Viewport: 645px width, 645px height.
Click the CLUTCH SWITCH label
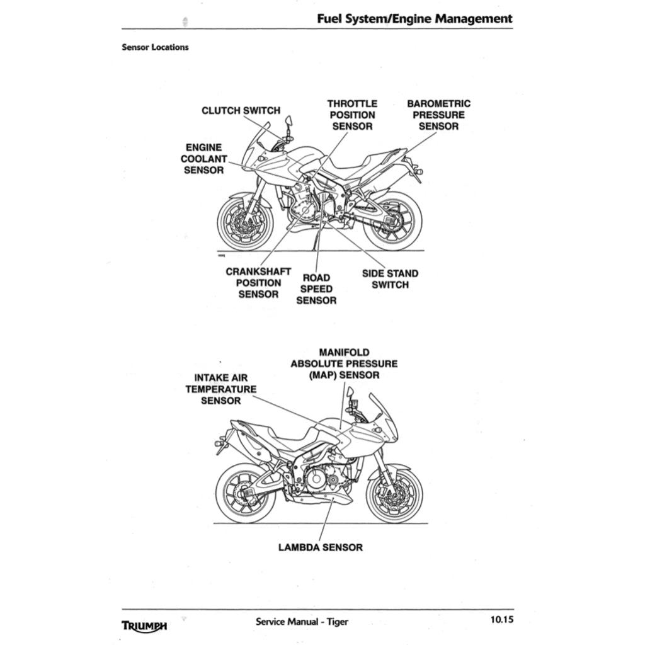point(241,111)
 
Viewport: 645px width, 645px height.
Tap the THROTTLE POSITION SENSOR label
point(352,115)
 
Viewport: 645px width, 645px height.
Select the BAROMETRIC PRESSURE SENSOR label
point(438,115)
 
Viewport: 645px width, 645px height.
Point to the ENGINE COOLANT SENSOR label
point(203,159)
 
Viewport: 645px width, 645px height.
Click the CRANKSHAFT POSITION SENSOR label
point(258,283)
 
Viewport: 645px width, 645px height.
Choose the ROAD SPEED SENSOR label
point(316,289)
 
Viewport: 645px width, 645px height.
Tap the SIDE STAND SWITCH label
point(390,279)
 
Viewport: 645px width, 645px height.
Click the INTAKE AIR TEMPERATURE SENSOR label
point(220,389)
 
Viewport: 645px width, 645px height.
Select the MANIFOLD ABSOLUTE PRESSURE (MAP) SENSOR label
point(344,363)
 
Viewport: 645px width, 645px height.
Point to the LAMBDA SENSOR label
point(321,547)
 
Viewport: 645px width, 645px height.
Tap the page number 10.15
point(502,620)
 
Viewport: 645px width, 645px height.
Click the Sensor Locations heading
point(155,47)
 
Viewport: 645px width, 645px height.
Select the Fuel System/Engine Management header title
point(415,19)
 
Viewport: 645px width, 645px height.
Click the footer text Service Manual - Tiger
point(299,621)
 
